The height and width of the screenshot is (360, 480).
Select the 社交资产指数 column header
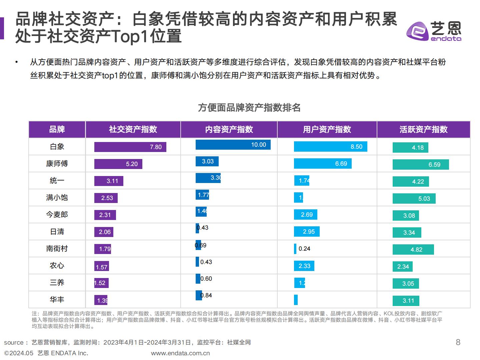pyautogui.click(x=133, y=129)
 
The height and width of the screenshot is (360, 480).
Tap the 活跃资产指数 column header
pyautogui.click(x=423, y=129)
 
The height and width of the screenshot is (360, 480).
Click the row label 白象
pyautogui.click(x=57, y=147)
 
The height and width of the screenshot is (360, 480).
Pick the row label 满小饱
pyautogui.click(x=57, y=198)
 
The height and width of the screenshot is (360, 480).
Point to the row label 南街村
pyautogui.click(x=57, y=249)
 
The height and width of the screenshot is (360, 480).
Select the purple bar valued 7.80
pyautogui.click(x=130, y=147)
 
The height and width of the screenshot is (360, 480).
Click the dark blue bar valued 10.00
pyautogui.click(x=233, y=145)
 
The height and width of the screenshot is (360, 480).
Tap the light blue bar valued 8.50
pyautogui.click(x=330, y=147)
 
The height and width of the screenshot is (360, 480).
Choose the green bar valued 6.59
pyautogui.click(x=420, y=165)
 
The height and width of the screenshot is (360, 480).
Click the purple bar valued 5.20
pyautogui.click(x=118, y=164)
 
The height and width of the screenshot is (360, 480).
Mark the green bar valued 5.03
pyautogui.click(x=414, y=199)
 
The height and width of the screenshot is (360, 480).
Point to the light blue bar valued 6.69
pyautogui.click(x=322, y=164)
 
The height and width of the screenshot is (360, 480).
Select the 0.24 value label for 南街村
pyautogui.click(x=304, y=249)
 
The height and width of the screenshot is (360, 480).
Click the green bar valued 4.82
pyautogui.click(x=413, y=250)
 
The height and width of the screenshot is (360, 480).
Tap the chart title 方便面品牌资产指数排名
pyautogui.click(x=249, y=108)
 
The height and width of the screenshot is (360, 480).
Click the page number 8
pyautogui.click(x=458, y=342)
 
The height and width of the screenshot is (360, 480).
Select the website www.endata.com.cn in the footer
pyautogui.click(x=180, y=353)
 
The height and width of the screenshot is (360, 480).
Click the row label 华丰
pyautogui.click(x=57, y=300)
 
